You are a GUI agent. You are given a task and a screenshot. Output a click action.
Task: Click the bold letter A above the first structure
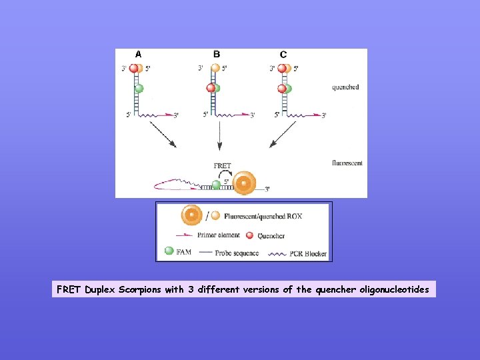pos(138,54)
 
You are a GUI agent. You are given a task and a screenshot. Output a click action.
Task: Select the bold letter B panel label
pos(216,54)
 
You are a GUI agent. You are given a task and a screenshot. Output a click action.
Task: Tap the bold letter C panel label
pos(283,54)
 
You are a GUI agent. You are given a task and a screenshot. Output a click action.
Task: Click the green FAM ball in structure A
pos(139,88)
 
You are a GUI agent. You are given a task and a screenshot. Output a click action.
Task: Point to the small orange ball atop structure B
pos(215,67)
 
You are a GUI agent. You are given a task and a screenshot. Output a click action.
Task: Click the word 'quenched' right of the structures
pos(345,87)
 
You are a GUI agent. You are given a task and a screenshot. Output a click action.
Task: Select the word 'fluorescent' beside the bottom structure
pos(347,163)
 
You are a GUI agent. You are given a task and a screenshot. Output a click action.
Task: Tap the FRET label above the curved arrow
pos(222,166)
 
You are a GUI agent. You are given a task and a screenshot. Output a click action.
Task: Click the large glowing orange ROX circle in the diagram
pos(245,183)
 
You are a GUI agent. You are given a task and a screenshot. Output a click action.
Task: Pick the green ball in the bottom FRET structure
pos(216,185)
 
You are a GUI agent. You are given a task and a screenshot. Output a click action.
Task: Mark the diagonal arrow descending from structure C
pos(283,133)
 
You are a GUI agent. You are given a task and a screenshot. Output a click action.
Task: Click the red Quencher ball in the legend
pos(250,235)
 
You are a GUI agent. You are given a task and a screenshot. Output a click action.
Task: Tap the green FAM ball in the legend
pos(169,251)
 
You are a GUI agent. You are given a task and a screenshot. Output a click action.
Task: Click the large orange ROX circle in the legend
pos(192,215)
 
